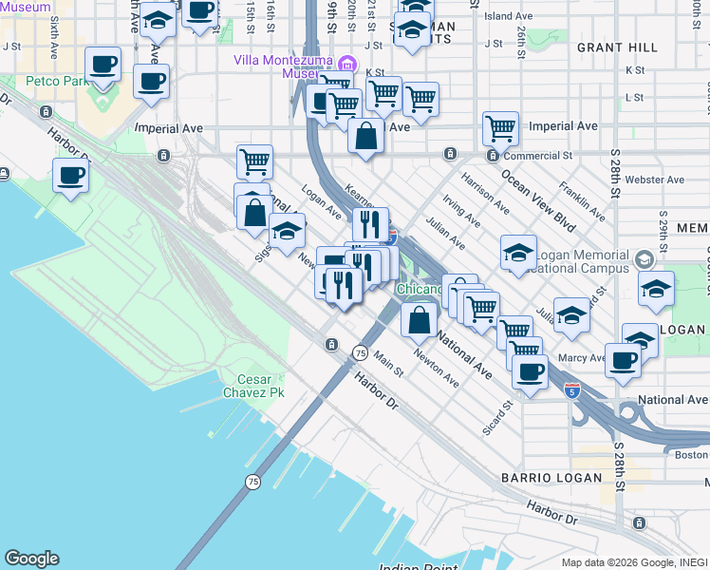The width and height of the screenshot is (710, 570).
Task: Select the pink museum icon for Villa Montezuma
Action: tap(347, 65)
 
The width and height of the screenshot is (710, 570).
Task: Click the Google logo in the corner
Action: tap(31, 559)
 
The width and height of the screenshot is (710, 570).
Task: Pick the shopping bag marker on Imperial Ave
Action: tap(365, 137)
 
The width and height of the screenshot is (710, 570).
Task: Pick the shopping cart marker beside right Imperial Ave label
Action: tap(500, 127)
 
